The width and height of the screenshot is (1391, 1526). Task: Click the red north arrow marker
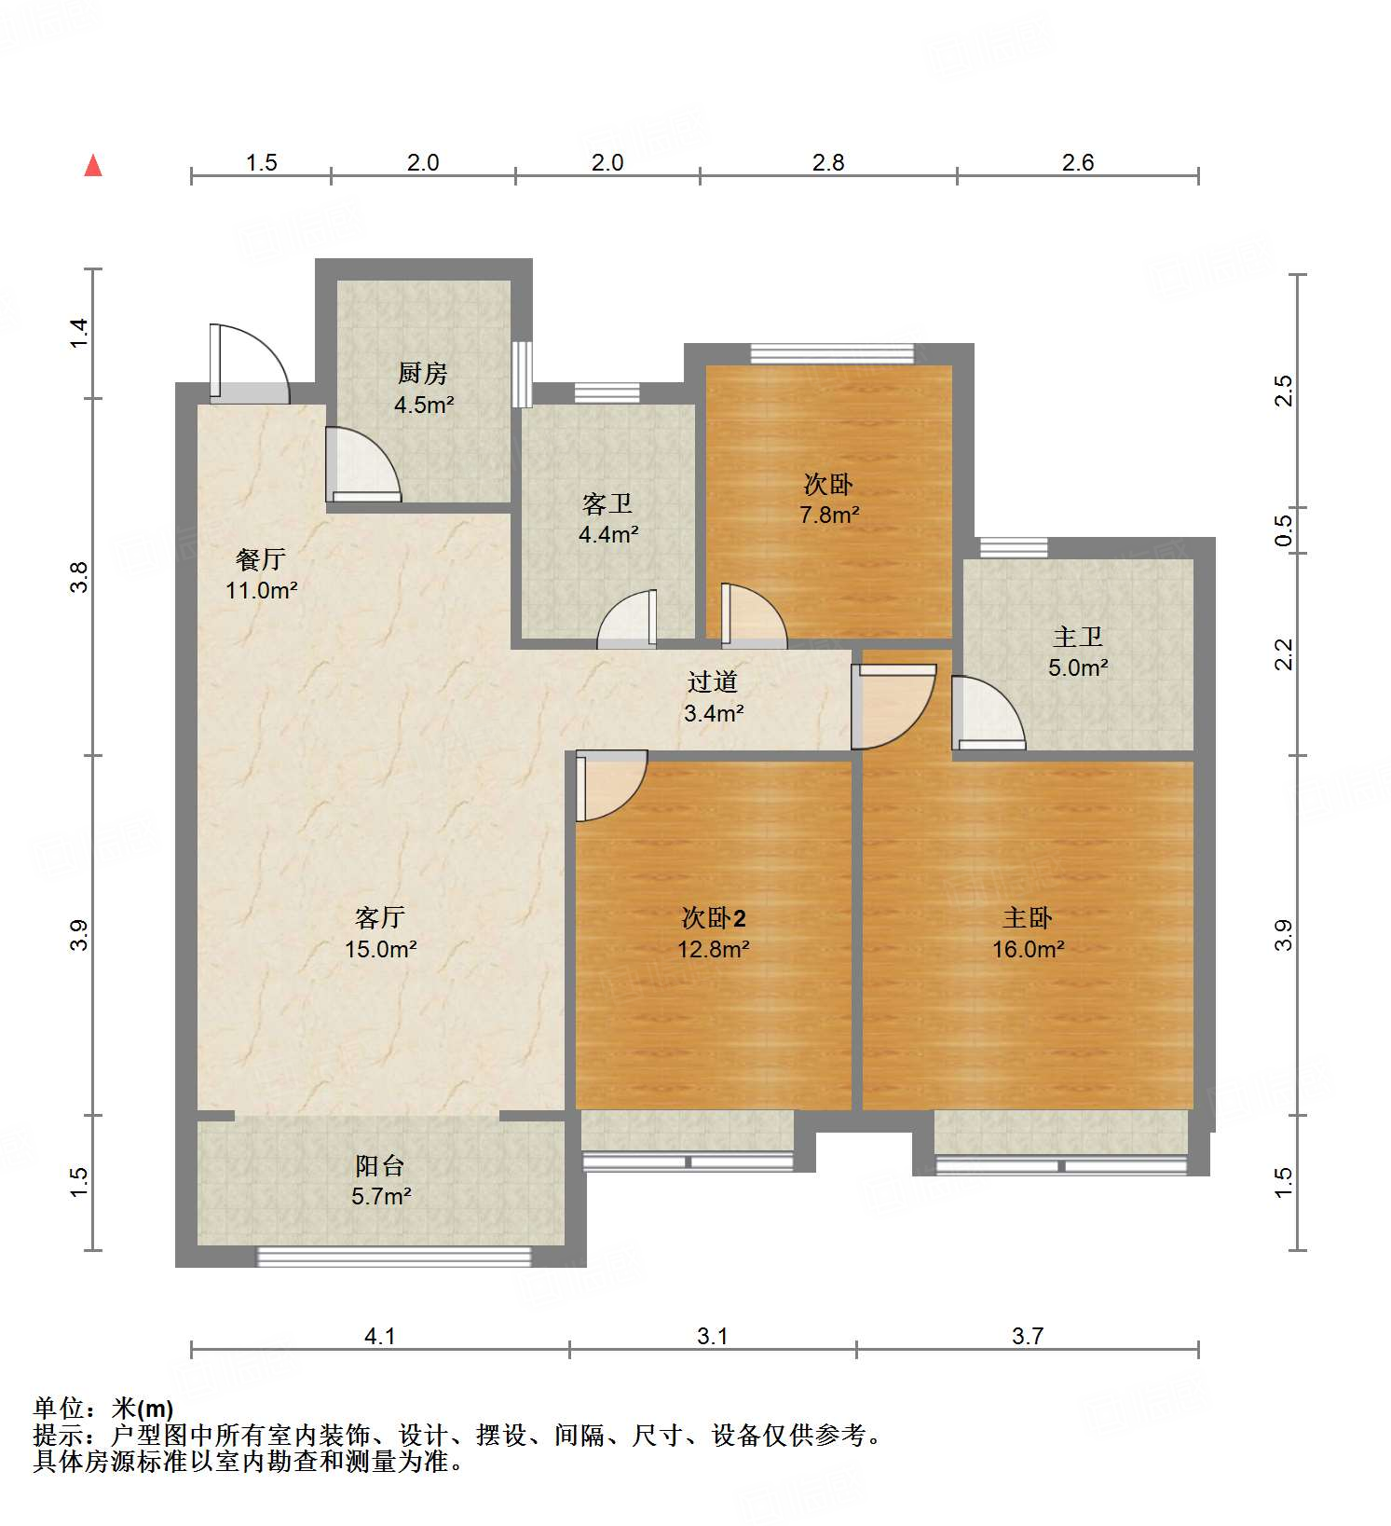click(93, 166)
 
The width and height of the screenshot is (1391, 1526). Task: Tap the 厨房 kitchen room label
click(422, 374)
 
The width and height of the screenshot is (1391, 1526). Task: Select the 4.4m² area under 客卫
click(608, 535)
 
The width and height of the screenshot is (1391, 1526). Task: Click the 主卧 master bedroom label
click(1027, 918)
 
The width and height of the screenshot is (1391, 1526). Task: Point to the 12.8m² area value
click(713, 950)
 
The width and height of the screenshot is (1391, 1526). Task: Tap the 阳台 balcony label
click(380, 1165)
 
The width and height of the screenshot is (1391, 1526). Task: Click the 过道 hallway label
click(713, 682)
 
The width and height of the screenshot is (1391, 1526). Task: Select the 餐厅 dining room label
click(260, 559)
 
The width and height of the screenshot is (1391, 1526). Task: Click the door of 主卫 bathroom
click(987, 714)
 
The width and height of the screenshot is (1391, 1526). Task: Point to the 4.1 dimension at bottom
click(379, 1337)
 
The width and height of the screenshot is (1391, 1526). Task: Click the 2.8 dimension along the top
click(827, 163)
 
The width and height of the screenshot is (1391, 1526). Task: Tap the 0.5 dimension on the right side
click(1284, 531)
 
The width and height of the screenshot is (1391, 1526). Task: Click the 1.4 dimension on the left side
click(80, 334)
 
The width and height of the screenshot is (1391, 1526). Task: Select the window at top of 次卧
click(832, 353)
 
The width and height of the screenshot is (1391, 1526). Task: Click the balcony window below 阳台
click(393, 1257)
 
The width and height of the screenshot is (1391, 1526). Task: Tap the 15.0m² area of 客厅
click(380, 950)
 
